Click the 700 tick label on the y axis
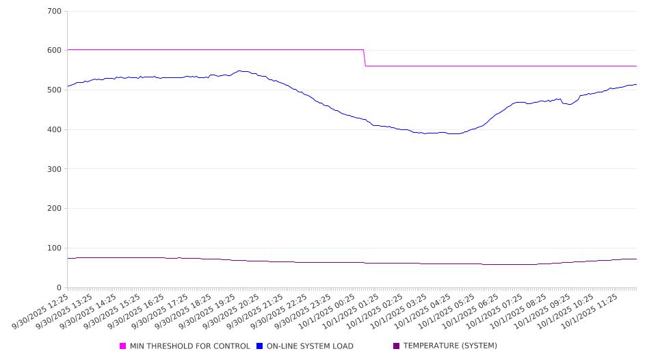coord(54,12)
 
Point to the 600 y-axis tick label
coord(54,51)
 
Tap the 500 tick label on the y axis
coord(54,90)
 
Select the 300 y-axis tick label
coord(54,169)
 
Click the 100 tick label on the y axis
coord(54,248)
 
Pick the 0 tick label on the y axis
coord(59,288)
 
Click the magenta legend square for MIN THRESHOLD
coord(123,346)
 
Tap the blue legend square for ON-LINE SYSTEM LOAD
coord(260,346)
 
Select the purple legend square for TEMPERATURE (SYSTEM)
coord(397,346)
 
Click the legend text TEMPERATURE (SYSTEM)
coord(450,346)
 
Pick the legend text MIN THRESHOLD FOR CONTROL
coord(190,346)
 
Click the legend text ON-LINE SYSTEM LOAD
coord(310,346)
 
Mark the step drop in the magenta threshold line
coord(365,57)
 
